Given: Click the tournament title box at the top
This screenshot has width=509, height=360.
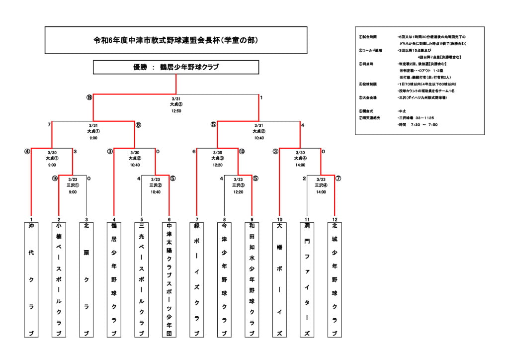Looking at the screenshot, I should click(x=175, y=40).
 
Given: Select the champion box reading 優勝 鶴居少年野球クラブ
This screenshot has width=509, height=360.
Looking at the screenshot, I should click(x=175, y=67).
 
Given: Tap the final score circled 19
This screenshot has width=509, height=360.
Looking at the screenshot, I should click(x=89, y=97).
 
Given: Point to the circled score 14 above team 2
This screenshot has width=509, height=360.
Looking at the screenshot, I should click(x=55, y=178).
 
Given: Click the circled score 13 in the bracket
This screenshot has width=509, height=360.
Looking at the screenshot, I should click(x=242, y=151).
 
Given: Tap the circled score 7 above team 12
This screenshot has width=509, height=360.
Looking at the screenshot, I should click(x=339, y=178).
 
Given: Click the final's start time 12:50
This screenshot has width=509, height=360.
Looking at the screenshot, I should click(x=176, y=111).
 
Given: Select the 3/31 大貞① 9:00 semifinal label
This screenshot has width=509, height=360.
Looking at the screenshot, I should click(x=93, y=132).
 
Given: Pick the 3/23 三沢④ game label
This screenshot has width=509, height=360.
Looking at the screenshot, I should click(x=321, y=185).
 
